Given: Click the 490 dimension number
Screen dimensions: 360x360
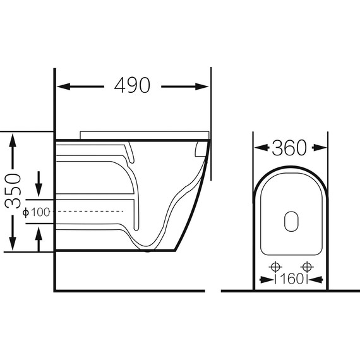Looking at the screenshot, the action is tap(132, 85).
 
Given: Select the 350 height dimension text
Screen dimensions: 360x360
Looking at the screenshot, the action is tap(13, 191).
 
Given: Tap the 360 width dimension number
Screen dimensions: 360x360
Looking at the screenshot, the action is tap(289, 148).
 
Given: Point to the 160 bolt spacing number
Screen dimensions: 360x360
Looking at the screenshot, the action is tap(292, 279).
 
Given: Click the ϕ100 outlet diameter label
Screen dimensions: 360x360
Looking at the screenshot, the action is tap(36, 212).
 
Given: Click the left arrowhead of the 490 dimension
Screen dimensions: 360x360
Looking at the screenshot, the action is tap(63, 87).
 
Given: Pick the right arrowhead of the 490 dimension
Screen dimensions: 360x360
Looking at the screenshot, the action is tap(202, 87).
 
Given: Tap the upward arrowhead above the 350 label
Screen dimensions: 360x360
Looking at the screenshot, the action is tap(13, 141).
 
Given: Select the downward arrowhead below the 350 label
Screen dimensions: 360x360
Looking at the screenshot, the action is tap(13, 243).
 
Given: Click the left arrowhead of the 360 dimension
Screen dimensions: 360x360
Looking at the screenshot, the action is tap(261, 148).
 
